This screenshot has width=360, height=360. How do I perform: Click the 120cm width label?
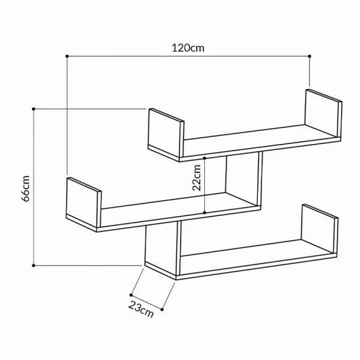point(188,48)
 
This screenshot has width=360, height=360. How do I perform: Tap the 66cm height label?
point(26,189)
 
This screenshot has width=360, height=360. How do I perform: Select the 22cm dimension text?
point(196,177)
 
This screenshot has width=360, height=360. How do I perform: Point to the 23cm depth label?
point(141,309)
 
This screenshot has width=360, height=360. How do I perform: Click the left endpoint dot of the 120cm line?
point(67,56)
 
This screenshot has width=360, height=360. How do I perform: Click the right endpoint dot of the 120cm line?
point(310,56)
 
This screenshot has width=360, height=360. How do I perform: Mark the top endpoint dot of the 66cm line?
point(33,109)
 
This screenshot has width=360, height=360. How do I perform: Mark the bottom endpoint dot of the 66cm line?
point(33,265)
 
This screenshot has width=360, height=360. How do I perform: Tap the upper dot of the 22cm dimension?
point(205,158)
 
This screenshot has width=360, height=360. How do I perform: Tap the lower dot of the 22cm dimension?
point(205,213)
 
